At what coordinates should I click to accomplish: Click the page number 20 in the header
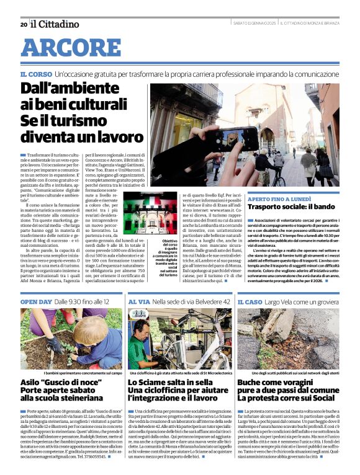click(x=24, y=24)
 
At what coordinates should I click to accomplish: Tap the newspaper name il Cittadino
click(x=55, y=24)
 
